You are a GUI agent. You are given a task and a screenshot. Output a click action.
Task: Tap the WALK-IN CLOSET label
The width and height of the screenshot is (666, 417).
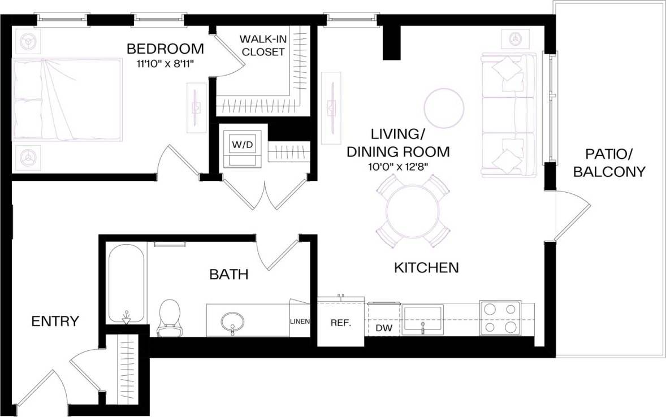coord(262,46)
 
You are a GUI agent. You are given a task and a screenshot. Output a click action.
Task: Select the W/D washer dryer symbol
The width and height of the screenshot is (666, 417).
coord(241,145)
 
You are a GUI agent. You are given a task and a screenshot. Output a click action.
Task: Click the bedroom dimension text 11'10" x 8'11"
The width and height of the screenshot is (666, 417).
coord(165,64)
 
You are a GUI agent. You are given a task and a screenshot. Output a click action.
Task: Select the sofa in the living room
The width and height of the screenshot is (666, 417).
coord(508,115)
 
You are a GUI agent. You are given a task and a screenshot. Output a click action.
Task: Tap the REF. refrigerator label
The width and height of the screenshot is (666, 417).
coord(341,324)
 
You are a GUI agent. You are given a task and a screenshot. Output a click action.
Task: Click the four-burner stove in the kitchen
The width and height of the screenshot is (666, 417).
coord(500,318)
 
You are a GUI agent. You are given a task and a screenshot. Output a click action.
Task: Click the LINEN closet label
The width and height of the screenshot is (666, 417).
coord(300,322)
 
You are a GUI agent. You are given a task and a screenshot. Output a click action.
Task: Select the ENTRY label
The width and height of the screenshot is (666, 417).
coord(55,322)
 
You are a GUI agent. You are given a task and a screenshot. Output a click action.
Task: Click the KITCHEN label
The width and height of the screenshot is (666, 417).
coord(426,267)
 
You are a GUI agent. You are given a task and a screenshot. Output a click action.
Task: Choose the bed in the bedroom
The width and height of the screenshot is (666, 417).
coord(67,99)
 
